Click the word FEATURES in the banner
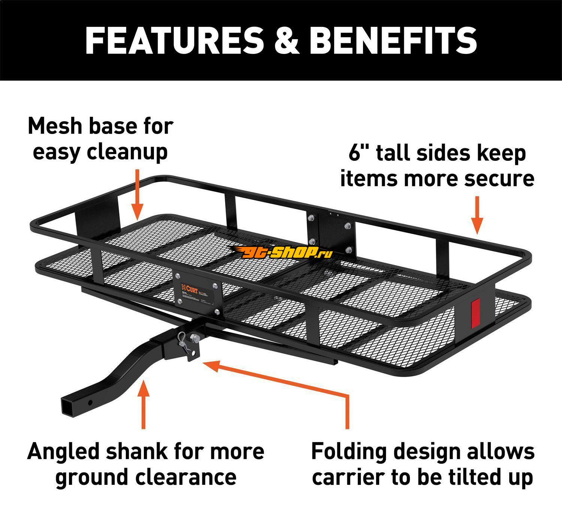pyautogui.click(x=174, y=40)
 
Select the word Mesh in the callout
pyautogui.click(x=55, y=126)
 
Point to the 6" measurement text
pyautogui.click(x=359, y=153)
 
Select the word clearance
pyautogui.click(x=186, y=477)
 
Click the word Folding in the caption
pyautogui.click(x=348, y=452)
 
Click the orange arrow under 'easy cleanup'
pyautogui.click(x=137, y=195)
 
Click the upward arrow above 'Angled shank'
pyautogui.click(x=143, y=404)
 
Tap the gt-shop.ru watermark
pyautogui.click(x=285, y=254)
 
